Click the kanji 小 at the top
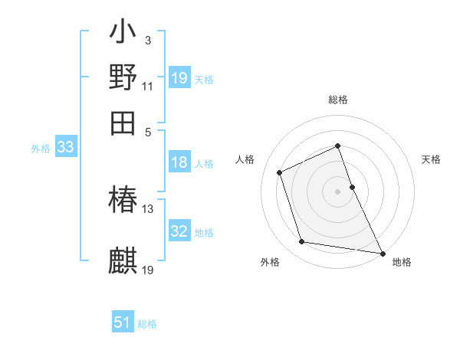(x=123, y=33)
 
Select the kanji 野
(x=123, y=77)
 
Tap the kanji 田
(x=123, y=123)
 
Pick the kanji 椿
(x=123, y=200)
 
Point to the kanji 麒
(x=123, y=260)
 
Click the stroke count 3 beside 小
(x=147, y=40)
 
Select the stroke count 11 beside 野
(x=148, y=86)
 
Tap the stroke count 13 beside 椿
(x=148, y=208)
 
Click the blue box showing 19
(x=179, y=78)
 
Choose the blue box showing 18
(x=179, y=162)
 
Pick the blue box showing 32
(x=179, y=231)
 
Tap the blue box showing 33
(x=65, y=147)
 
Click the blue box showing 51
(x=123, y=323)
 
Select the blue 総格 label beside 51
(x=147, y=325)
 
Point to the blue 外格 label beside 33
(x=41, y=149)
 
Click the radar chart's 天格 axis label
(x=431, y=159)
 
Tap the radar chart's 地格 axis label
(x=402, y=262)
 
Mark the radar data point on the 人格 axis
(x=281, y=172)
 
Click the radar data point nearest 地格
(x=382, y=252)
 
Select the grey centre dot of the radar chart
(x=337, y=191)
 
